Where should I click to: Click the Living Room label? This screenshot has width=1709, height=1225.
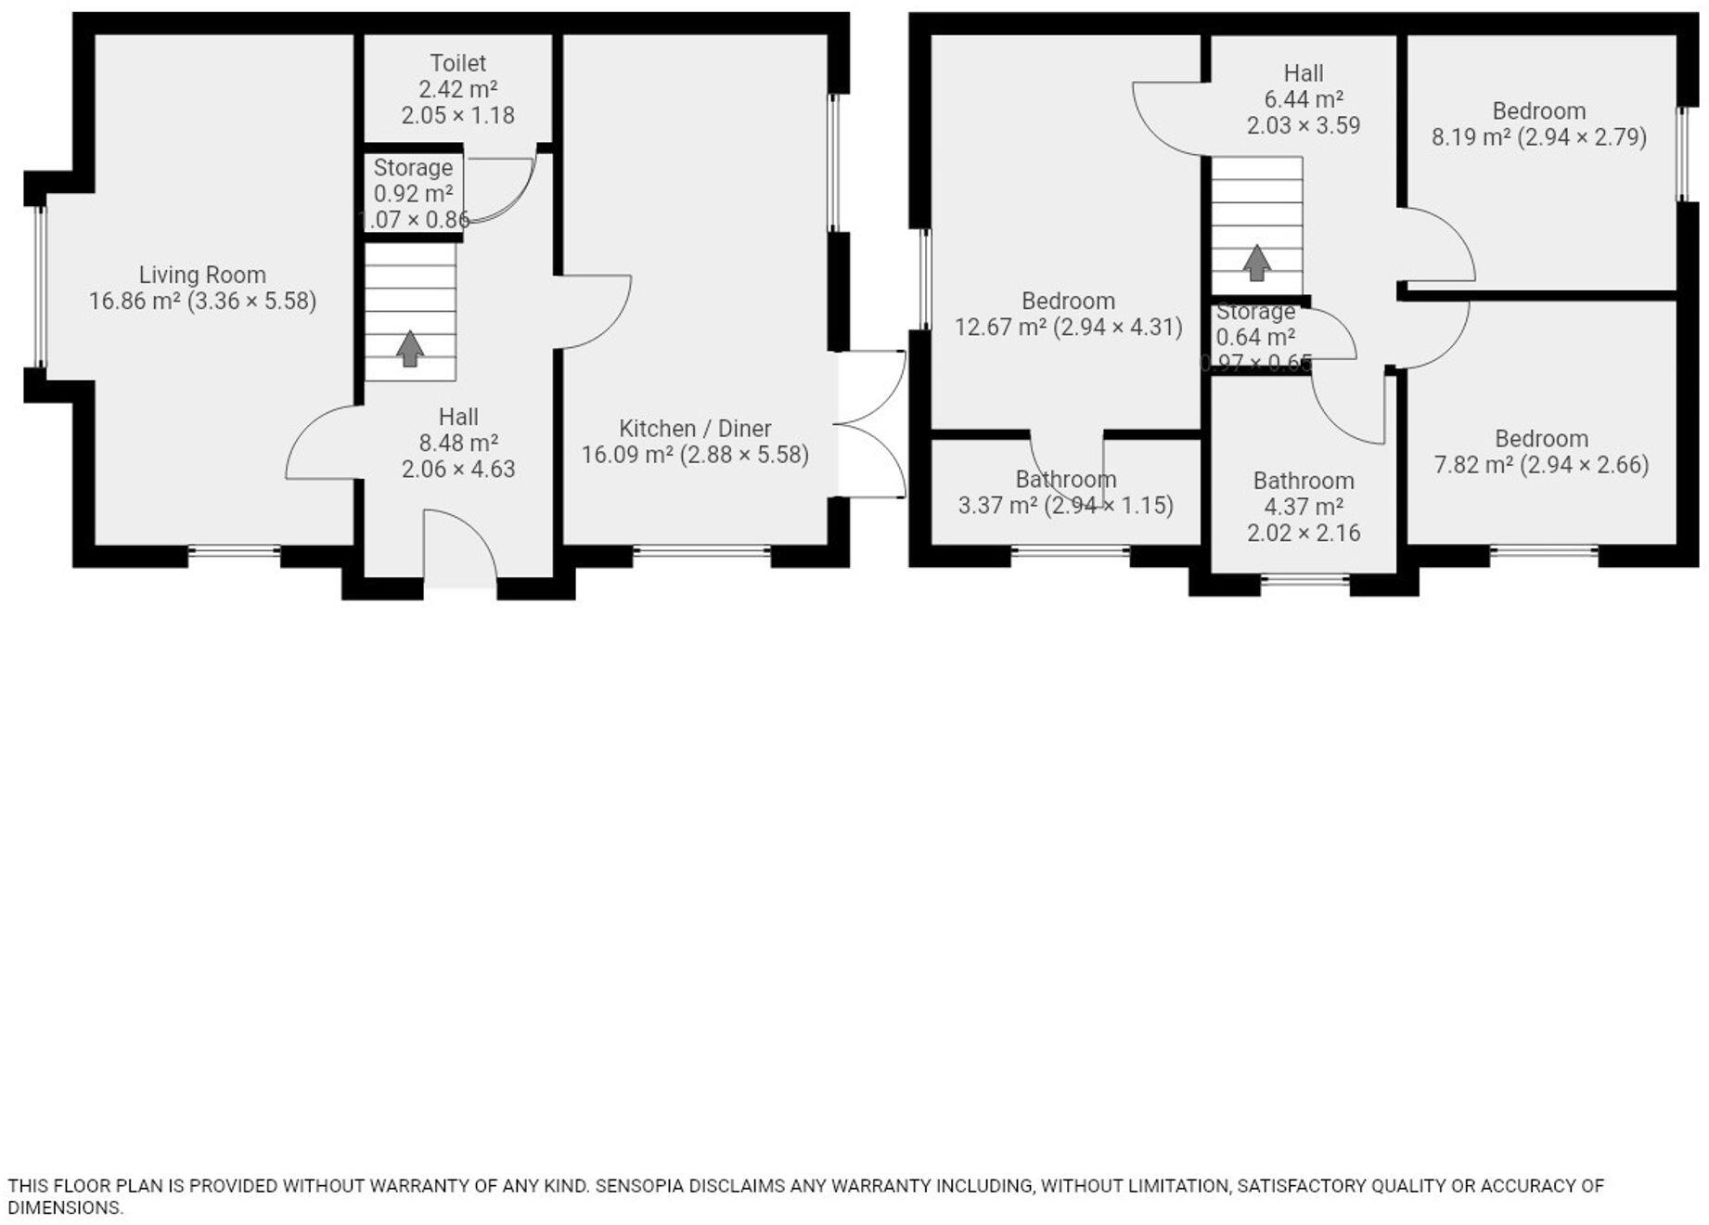pyautogui.click(x=202, y=275)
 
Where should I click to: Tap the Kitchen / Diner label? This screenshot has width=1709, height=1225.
pyautogui.click(x=695, y=429)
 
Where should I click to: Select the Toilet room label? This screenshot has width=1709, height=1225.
pyautogui.click(x=457, y=63)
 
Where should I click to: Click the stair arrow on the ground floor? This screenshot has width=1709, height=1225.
pyautogui.click(x=410, y=348)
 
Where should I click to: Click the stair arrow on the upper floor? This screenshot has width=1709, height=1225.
pyautogui.click(x=1256, y=263)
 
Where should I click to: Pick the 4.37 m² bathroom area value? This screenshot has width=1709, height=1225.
pyautogui.click(x=1304, y=508)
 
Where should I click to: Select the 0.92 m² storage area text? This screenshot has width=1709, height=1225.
pyautogui.click(x=413, y=194)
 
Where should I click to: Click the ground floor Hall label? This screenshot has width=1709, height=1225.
pyautogui.click(x=458, y=418)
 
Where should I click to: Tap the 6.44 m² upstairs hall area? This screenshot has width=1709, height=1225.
pyautogui.click(x=1304, y=99)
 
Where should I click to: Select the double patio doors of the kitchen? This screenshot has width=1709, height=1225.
pyautogui.click(x=870, y=424)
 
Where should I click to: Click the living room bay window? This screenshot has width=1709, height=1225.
pyautogui.click(x=40, y=287)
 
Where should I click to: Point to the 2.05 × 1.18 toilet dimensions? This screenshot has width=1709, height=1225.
pyautogui.click(x=457, y=116)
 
